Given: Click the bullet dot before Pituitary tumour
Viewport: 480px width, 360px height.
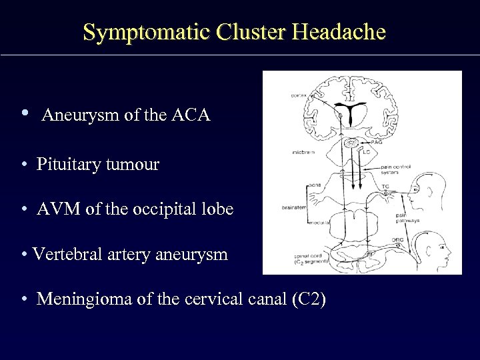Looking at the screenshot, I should [x=23, y=165].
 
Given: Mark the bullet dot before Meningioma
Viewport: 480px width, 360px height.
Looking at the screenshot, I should [x=23, y=299].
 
